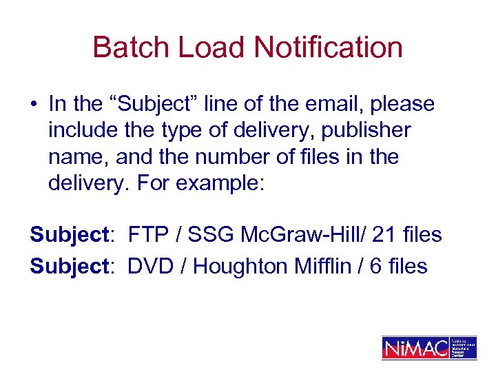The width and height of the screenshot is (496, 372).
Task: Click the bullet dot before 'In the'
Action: [x=34, y=105]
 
